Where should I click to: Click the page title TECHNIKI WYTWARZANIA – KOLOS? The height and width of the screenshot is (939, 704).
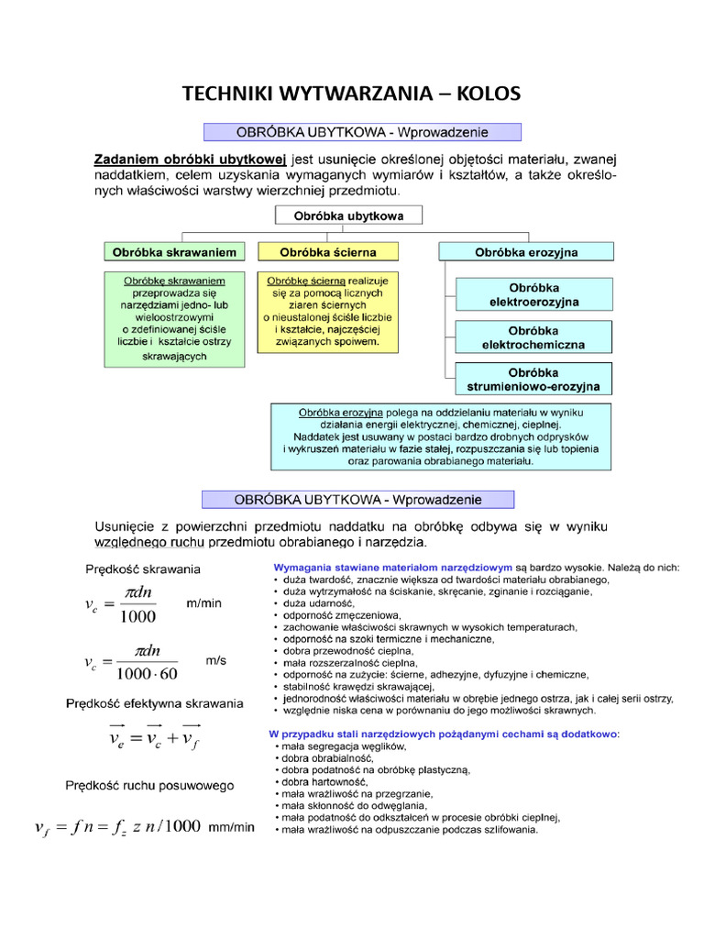[x=351, y=94]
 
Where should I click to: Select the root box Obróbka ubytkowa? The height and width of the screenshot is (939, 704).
[x=349, y=215]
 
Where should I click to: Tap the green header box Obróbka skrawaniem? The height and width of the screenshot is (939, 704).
[x=174, y=251]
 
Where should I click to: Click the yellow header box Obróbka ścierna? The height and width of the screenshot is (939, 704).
[x=327, y=251]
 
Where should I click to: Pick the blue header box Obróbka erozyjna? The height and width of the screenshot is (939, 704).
[x=526, y=251]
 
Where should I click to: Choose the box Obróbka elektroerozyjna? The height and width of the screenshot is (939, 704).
[x=533, y=294]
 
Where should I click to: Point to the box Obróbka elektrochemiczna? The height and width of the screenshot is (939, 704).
[x=533, y=337]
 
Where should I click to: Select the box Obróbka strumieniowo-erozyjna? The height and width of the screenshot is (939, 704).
[x=533, y=380]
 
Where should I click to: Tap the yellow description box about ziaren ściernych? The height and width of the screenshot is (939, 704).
[x=327, y=312]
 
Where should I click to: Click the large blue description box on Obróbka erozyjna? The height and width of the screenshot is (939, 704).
[x=440, y=437]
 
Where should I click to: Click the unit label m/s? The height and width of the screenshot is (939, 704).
[x=215, y=659]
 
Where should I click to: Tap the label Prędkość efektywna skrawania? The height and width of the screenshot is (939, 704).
[x=154, y=703]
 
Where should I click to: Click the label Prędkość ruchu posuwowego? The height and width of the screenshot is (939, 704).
[x=149, y=785]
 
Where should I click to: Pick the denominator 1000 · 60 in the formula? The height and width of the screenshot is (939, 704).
[x=146, y=674]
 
